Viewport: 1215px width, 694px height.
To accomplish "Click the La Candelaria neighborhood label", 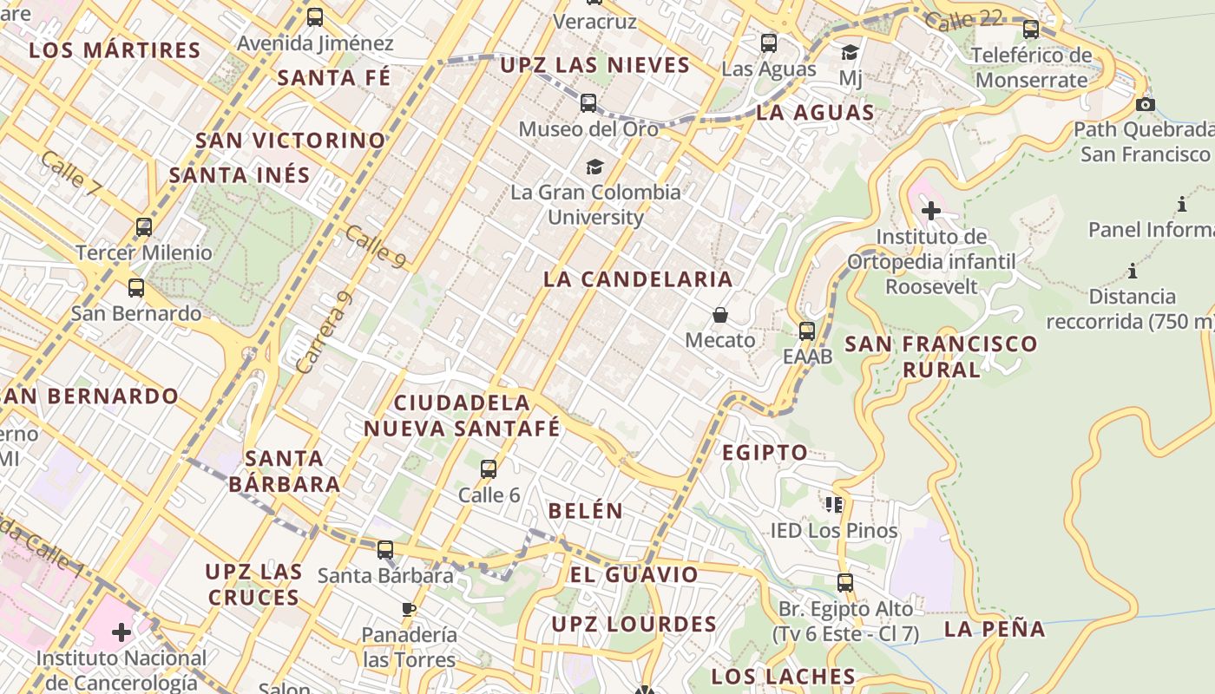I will (x=638, y=279).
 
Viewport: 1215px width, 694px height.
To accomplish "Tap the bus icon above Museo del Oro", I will (x=588, y=103).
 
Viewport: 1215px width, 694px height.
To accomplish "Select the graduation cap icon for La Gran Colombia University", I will (x=594, y=167).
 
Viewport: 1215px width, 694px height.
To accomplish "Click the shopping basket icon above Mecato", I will (x=719, y=314).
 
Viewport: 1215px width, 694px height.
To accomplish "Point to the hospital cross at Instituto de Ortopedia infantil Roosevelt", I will (x=931, y=211).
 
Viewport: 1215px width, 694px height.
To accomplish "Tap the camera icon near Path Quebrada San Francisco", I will (x=1146, y=104).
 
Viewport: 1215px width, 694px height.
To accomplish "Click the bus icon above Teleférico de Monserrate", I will (x=1031, y=29).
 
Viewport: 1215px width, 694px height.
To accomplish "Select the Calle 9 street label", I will (x=375, y=246).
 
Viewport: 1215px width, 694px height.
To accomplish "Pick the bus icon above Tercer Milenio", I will (x=144, y=227).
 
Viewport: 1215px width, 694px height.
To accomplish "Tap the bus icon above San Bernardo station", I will (x=136, y=288).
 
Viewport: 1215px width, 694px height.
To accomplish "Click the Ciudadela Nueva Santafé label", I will (x=462, y=416).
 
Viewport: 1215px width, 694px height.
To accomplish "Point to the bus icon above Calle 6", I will (x=489, y=469).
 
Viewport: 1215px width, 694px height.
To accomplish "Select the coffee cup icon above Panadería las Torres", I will (x=409, y=609).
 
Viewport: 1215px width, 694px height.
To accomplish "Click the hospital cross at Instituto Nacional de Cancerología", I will (x=121, y=632).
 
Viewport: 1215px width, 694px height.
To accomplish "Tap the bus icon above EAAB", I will (x=807, y=331).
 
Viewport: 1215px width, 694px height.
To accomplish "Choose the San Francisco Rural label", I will (x=942, y=356).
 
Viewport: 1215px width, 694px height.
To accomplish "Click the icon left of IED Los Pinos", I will (x=834, y=504).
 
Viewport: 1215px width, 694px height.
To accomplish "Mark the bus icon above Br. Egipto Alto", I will (x=845, y=583).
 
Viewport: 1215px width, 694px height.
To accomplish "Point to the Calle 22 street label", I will (x=963, y=19).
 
